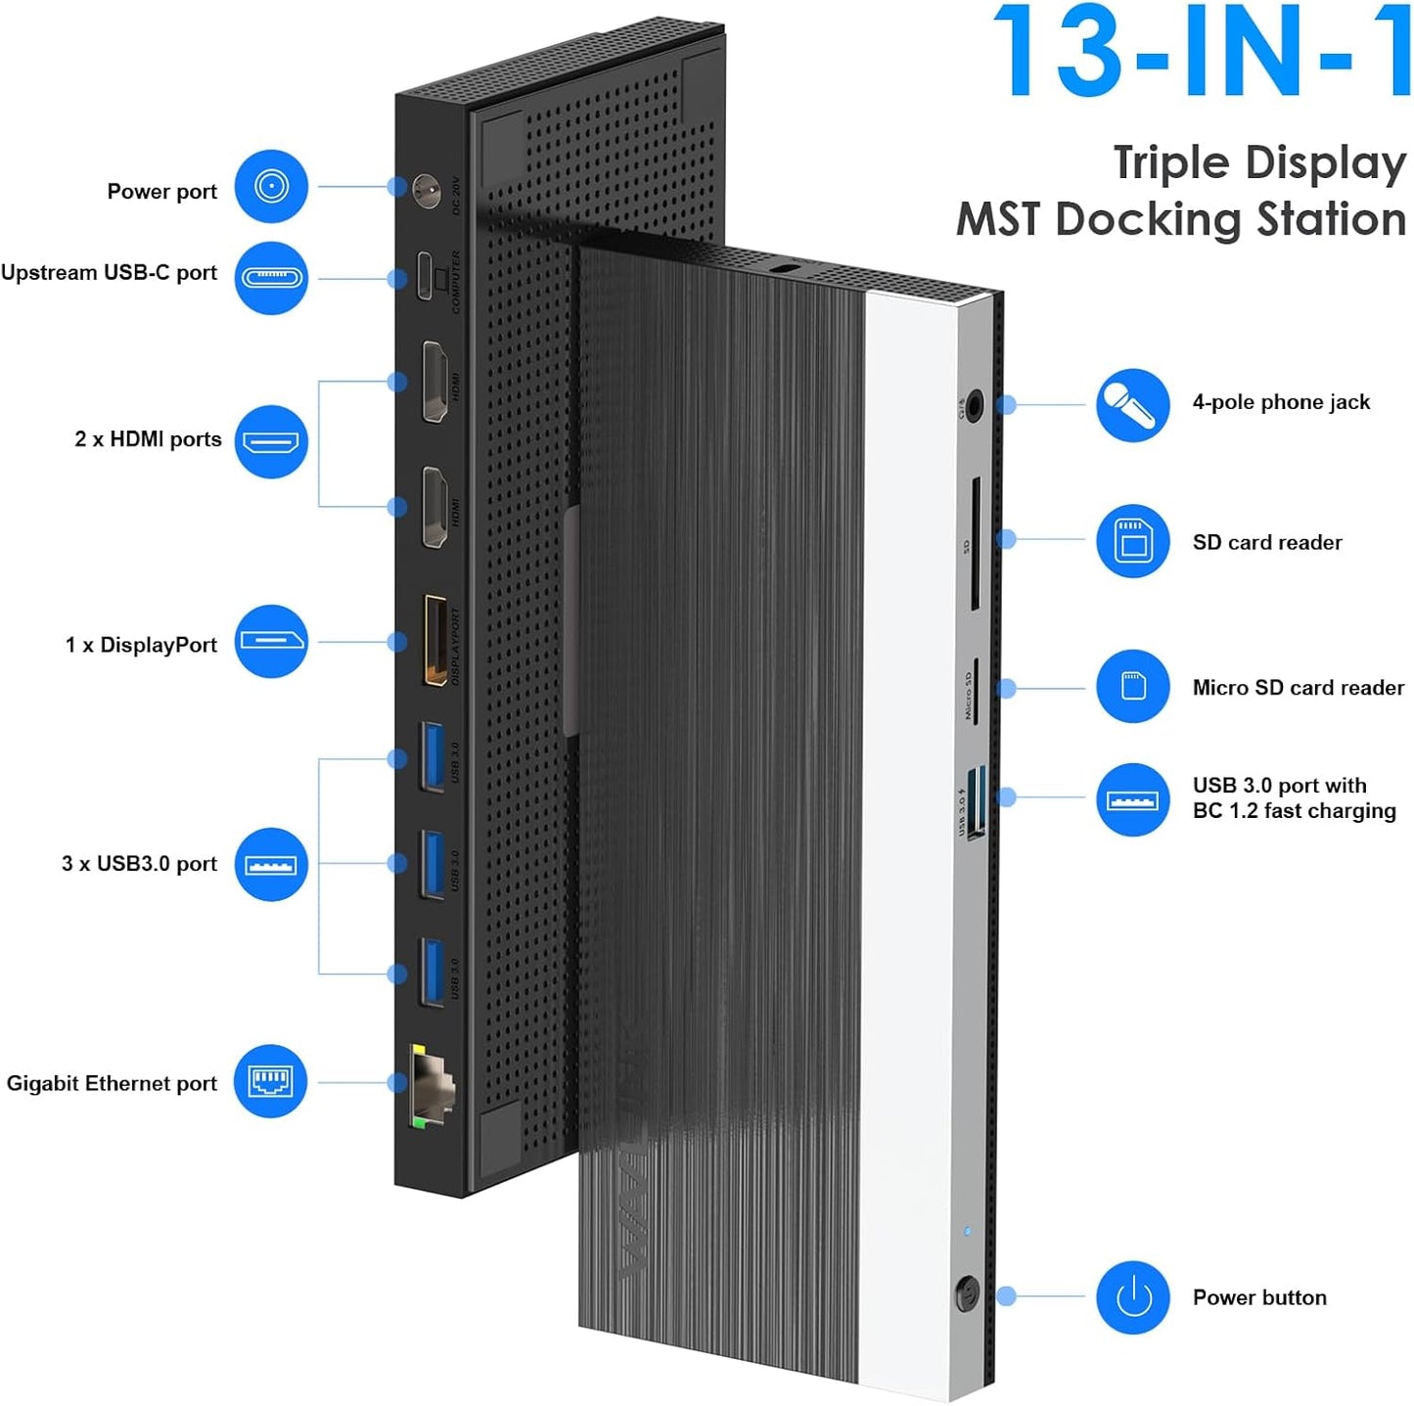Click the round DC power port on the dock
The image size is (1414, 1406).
[x=426, y=190]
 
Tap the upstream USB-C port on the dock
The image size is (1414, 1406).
[x=425, y=277]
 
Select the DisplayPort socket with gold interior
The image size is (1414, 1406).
[x=434, y=641]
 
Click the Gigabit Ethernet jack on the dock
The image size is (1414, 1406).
[x=432, y=1085]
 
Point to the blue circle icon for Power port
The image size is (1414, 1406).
[x=271, y=186]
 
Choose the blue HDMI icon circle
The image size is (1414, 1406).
[x=271, y=442]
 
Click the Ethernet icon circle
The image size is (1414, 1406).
[x=270, y=1081]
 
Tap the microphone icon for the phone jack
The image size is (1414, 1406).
[x=1132, y=405]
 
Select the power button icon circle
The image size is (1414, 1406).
[x=1132, y=1297]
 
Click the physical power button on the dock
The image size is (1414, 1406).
[x=967, y=1294]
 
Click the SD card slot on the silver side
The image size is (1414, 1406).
[x=975, y=544]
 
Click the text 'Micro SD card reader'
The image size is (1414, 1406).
[x=1298, y=688]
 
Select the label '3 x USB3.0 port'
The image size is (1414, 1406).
[x=139, y=864]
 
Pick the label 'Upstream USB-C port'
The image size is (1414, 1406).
[x=109, y=273]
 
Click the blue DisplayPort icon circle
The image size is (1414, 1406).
[x=271, y=642]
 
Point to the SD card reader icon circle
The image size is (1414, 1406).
[x=1132, y=541]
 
